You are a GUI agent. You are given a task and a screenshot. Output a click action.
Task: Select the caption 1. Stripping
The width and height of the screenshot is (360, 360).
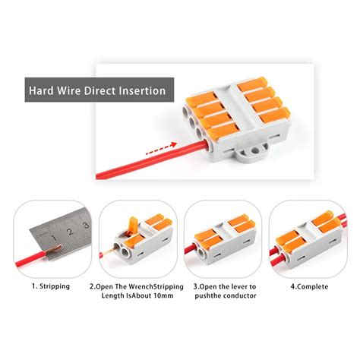pyautogui.click(x=50, y=286)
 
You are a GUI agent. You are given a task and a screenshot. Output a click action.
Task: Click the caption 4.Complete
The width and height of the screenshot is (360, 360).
pyautogui.click(x=302, y=286)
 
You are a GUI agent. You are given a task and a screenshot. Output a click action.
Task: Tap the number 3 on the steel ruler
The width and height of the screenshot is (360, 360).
pyautogui.click(x=86, y=225)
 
